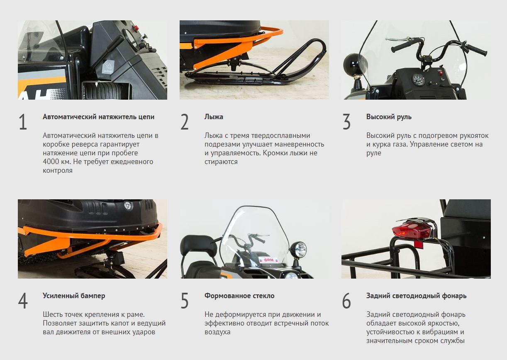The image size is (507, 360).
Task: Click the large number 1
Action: (23, 122)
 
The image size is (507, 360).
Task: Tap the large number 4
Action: (23, 301)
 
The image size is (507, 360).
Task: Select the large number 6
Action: (346, 301)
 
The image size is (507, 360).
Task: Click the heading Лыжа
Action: (214, 117)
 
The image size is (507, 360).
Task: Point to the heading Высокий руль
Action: (389, 117)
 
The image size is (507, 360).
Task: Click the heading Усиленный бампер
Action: (74, 296)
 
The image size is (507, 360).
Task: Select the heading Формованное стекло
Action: (239, 296)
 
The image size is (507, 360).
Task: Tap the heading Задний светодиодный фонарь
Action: (417, 296)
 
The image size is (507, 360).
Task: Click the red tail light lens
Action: (411, 230)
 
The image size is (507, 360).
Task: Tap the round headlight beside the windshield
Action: (298, 250)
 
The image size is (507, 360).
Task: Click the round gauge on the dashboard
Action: (418, 80)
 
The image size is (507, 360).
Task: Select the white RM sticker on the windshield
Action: (268, 260)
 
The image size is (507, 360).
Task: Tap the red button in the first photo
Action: (136, 28)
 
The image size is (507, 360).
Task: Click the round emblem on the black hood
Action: (128, 206)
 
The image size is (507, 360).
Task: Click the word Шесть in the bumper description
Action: (52, 314)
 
